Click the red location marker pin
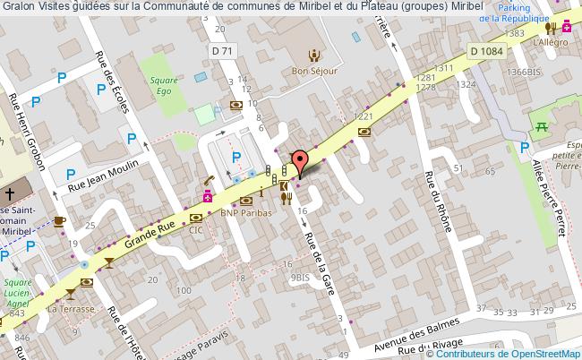click(302, 160)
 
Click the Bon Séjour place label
click(312, 71)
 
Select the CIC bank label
click(197, 229)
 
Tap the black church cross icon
click(7, 193)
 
